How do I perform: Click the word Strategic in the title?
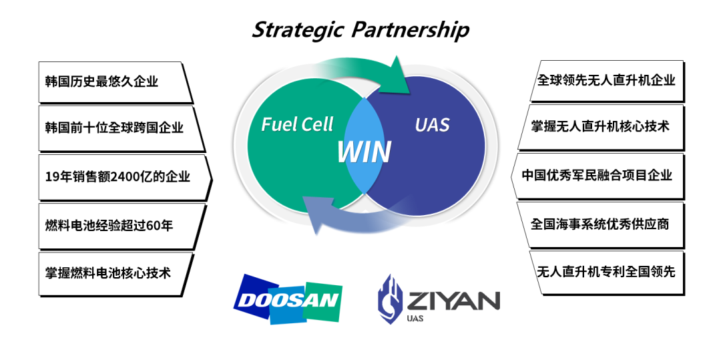[x=298, y=30]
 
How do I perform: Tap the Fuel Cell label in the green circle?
[x=297, y=124]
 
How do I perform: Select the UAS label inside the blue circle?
[x=432, y=124]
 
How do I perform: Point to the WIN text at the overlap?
[x=364, y=152]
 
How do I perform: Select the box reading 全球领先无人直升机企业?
[x=606, y=80]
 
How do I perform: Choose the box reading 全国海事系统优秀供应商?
[x=601, y=224]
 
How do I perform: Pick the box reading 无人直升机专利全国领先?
[x=606, y=272]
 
